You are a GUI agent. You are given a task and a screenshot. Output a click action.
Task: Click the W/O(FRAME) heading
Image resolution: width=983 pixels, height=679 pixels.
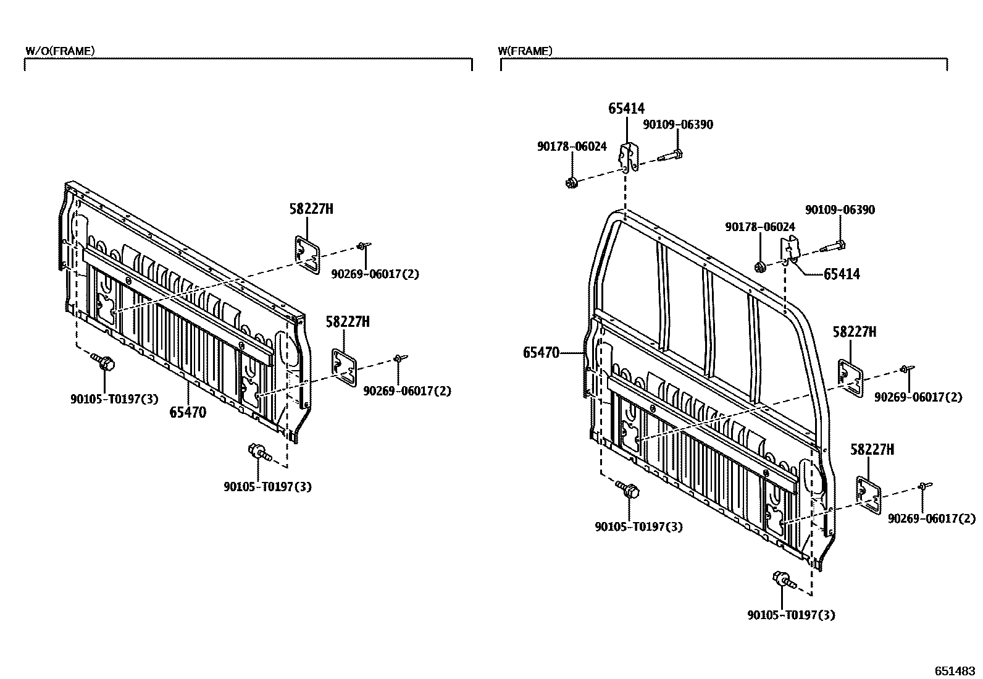pyautogui.click(x=60, y=51)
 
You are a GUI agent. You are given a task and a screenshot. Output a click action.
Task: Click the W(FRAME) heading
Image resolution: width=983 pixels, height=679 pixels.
pyautogui.click(x=525, y=51)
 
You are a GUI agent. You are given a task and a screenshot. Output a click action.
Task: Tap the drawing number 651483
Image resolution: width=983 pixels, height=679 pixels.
pyautogui.click(x=954, y=670)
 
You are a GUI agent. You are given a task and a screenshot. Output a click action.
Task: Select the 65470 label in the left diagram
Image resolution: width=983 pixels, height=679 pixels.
pyautogui.click(x=188, y=412)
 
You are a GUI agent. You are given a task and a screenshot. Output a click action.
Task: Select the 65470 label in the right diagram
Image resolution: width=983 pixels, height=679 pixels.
pyautogui.click(x=541, y=353)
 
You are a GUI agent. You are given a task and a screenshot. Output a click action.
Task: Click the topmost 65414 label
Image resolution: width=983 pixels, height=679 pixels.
pyautogui.click(x=626, y=109)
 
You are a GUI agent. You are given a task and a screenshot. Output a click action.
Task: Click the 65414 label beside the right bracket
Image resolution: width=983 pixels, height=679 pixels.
pyautogui.click(x=842, y=274)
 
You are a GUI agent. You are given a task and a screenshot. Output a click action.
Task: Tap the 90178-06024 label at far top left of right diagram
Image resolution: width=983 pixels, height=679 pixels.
pyautogui.click(x=572, y=146)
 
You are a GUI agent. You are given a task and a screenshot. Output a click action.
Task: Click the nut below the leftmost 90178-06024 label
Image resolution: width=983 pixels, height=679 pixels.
pyautogui.click(x=572, y=182)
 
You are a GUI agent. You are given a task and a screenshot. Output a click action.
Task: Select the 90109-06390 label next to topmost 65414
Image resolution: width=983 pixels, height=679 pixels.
pyautogui.click(x=677, y=125)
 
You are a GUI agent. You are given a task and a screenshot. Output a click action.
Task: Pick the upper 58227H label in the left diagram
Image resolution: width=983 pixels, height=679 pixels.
pyautogui.click(x=311, y=209)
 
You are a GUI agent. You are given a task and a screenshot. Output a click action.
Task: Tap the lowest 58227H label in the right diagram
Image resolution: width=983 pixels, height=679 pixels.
pyautogui.click(x=872, y=450)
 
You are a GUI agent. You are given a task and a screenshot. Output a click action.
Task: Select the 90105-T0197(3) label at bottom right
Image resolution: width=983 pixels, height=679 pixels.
pyautogui.click(x=791, y=615)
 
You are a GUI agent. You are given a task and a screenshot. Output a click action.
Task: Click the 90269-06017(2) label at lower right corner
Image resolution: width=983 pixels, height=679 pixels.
pyautogui.click(x=932, y=519)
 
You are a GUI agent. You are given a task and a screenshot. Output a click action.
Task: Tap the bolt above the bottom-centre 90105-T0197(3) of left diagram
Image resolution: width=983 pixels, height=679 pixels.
pyautogui.click(x=259, y=452)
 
